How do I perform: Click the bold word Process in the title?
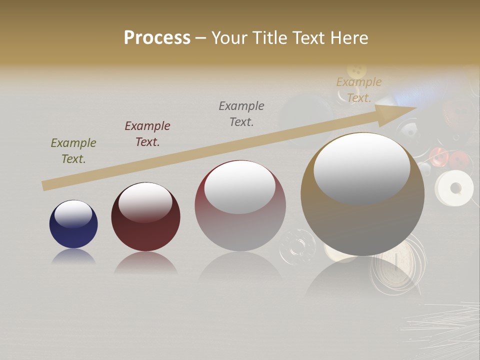tap(157, 38)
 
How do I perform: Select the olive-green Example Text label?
tap(73, 151)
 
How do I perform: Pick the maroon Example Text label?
tap(147, 134)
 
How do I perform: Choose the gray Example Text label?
tap(241, 114)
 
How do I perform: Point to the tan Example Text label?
tap(359, 90)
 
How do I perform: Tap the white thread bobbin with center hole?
tap(454, 188)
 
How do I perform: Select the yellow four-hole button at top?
tap(356, 70)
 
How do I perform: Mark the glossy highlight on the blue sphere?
tap(73, 214)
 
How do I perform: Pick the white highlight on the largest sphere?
tap(361, 168)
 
